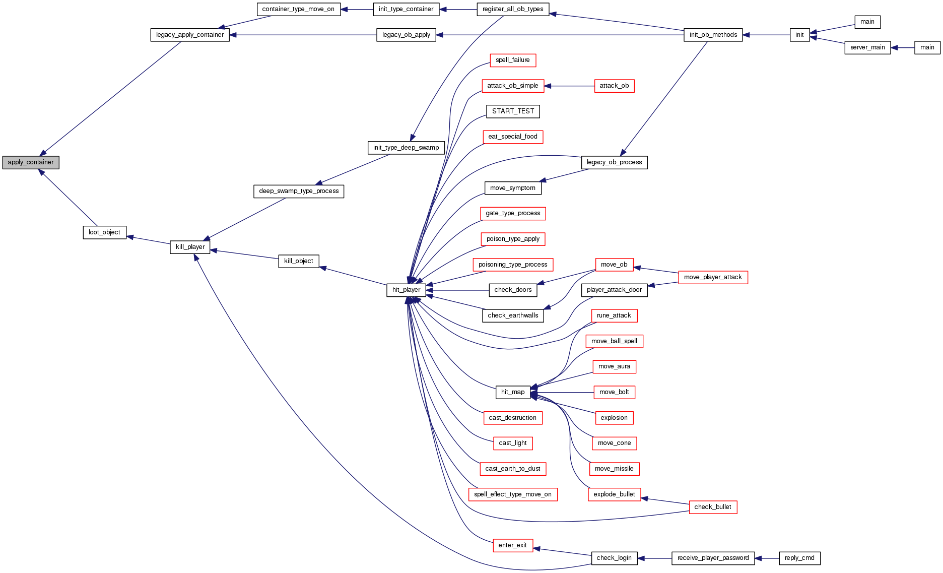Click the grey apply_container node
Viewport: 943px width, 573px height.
pyautogui.click(x=31, y=162)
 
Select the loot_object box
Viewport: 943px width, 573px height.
pyautogui.click(x=104, y=232)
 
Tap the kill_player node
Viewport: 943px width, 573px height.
pyautogui.click(x=190, y=247)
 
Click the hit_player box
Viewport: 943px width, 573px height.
pyautogui.click(x=406, y=290)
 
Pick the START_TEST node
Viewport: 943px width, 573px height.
pyautogui.click(x=513, y=111)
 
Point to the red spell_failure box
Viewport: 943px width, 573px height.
pyautogui.click(x=513, y=60)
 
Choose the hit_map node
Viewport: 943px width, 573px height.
pyautogui.click(x=513, y=392)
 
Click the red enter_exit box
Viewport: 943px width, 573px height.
pyautogui.click(x=513, y=545)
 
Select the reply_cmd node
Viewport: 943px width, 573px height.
pyautogui.click(x=799, y=558)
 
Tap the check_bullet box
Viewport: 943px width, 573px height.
pyautogui.click(x=713, y=507)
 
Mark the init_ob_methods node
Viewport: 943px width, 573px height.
pyautogui.click(x=713, y=35)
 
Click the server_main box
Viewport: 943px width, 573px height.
pyautogui.click(x=867, y=47)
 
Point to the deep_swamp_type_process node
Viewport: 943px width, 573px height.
pyautogui.click(x=299, y=192)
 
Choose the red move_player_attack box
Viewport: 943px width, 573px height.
pyautogui.click(x=713, y=277)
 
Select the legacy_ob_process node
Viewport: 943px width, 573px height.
pyautogui.click(x=614, y=162)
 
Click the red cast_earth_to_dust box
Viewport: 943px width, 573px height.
pyautogui.click(x=513, y=469)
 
